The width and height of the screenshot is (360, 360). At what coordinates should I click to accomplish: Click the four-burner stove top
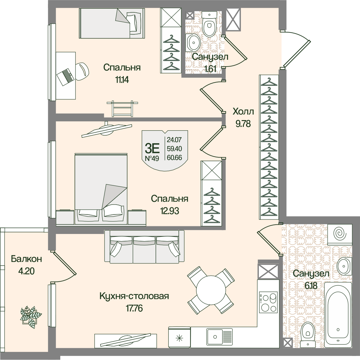pyautogui.click(x=268, y=302)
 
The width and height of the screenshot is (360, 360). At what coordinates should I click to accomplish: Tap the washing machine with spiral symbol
pyautogui.click(x=340, y=234)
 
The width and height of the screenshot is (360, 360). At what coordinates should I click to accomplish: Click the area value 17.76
pyautogui.click(x=134, y=308)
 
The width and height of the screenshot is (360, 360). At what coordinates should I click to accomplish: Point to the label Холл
pyautogui.click(x=243, y=111)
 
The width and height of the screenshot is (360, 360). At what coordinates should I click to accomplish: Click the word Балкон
pyautogui.click(x=26, y=259)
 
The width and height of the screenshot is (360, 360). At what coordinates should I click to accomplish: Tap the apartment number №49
pyautogui.click(x=152, y=158)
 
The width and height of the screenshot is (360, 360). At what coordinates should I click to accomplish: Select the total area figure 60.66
pyautogui.click(x=174, y=158)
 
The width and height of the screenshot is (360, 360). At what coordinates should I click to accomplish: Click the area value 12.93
pyautogui.click(x=170, y=211)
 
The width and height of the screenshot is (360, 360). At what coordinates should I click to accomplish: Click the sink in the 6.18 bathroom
pyautogui.click(x=344, y=266)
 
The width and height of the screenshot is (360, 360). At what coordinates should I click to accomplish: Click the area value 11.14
pyautogui.click(x=122, y=80)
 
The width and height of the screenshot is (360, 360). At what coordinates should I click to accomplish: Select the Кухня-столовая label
pyautogui.click(x=134, y=296)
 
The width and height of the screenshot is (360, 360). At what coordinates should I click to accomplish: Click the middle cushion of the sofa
pyautogui.click(x=144, y=246)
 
